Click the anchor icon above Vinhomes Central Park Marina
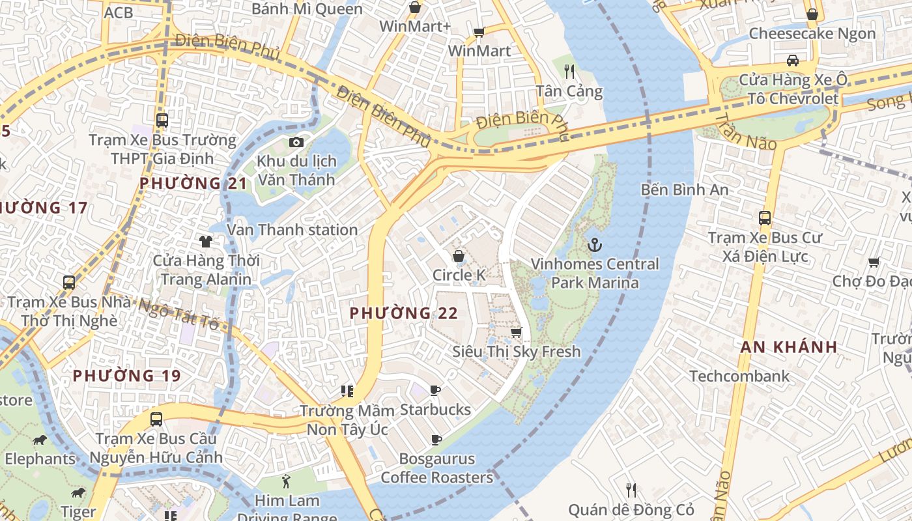(594, 246)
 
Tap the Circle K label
(459, 275)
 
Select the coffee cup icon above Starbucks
(435, 391)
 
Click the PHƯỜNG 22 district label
(404, 313)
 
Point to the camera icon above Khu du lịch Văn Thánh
(296, 142)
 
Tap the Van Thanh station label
(292, 230)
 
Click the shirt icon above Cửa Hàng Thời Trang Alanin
(206, 242)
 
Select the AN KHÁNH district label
(788, 347)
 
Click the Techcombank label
(739, 376)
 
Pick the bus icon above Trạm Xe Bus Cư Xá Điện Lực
(765, 219)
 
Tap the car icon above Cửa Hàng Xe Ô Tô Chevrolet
(793, 61)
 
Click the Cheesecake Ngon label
(812, 33)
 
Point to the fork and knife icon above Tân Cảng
(569, 72)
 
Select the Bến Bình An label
(685, 190)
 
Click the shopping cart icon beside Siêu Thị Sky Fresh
(516, 333)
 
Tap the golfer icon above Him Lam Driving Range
(286, 482)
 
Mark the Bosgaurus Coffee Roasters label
(436, 468)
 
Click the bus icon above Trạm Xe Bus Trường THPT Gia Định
(162, 120)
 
